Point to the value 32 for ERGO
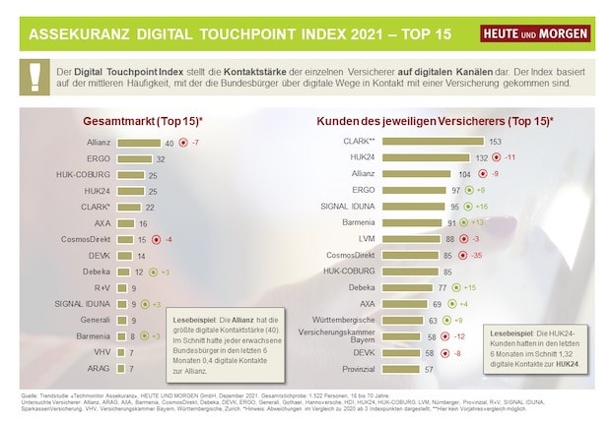click(160, 158)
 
